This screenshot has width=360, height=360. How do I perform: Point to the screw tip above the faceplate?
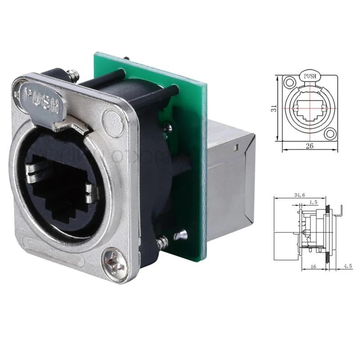click(72, 74)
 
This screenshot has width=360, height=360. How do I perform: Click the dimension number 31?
click(277, 108)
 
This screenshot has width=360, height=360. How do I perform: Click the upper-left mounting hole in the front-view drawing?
click(288, 83)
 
